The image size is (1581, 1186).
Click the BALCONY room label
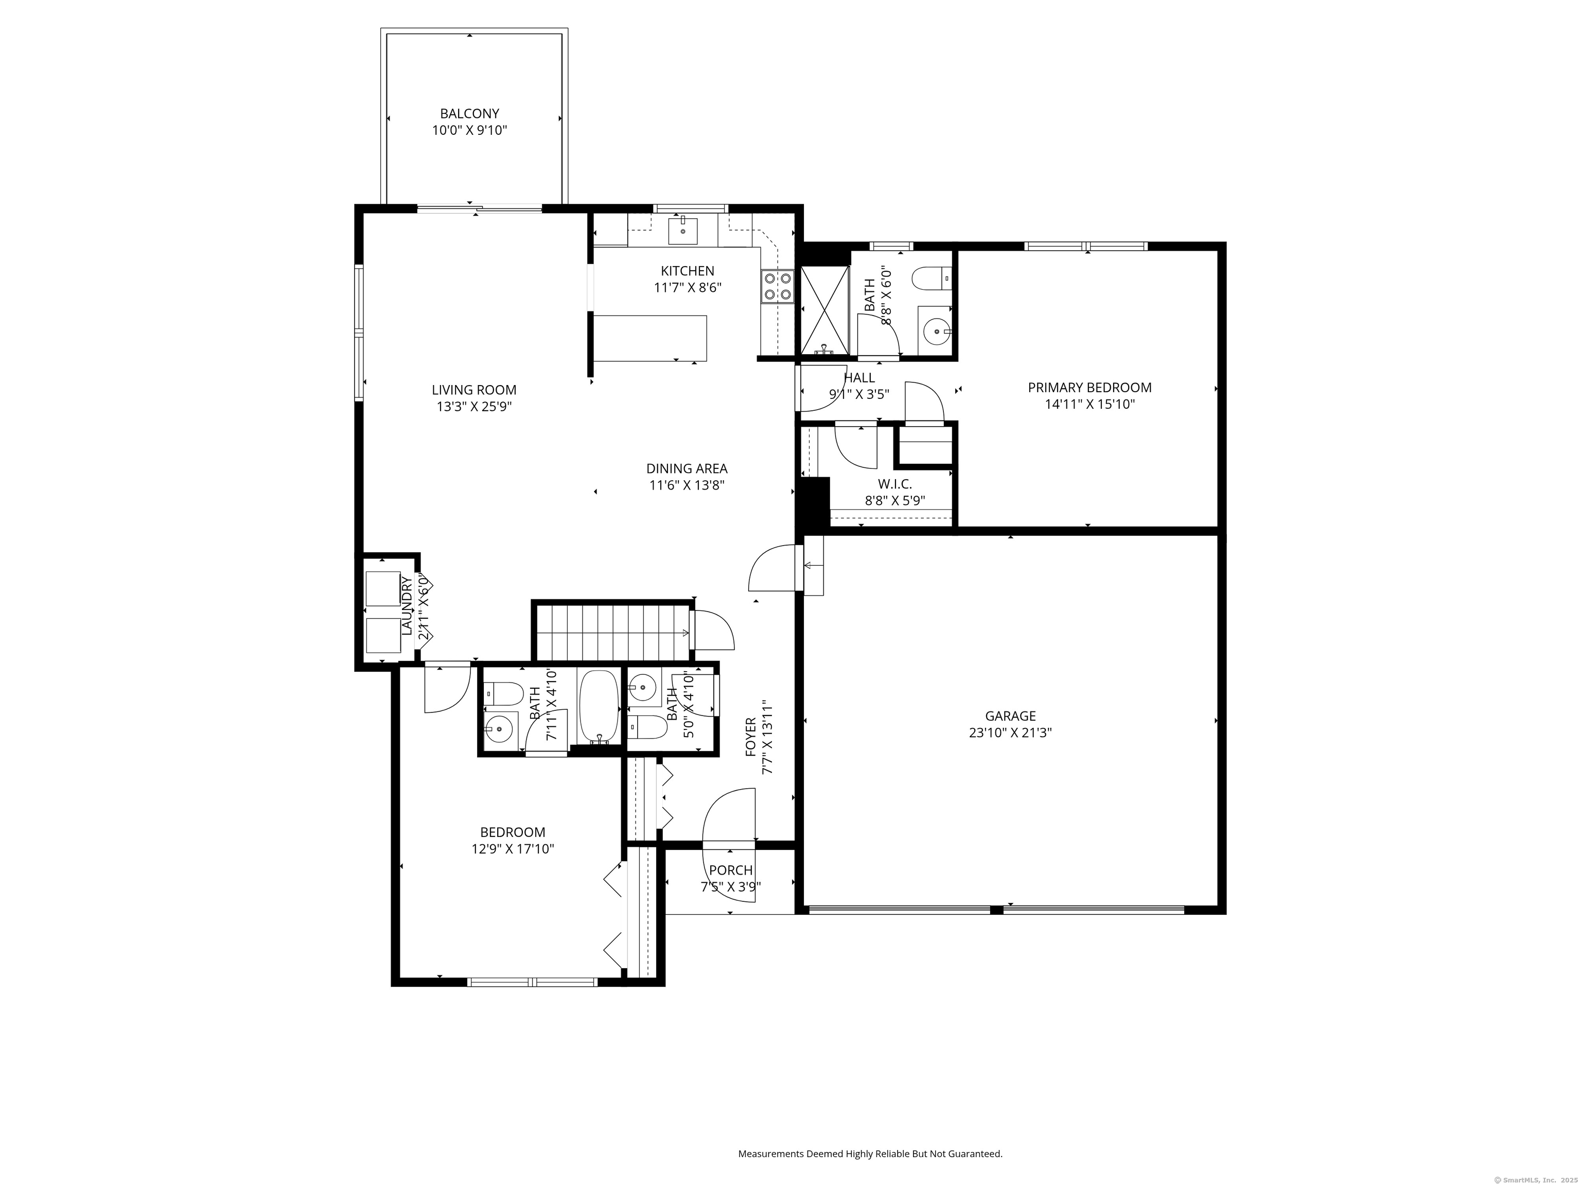pyautogui.click(x=469, y=114)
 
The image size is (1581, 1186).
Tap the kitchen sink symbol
pyautogui.click(x=683, y=230)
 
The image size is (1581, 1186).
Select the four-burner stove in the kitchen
pyautogui.click(x=778, y=286)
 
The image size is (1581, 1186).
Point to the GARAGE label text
pyautogui.click(x=1010, y=716)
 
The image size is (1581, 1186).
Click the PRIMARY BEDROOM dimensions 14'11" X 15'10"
pyautogui.click(x=1090, y=404)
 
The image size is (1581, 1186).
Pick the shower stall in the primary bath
pyautogui.click(x=825, y=311)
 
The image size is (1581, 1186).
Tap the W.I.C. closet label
pyautogui.click(x=895, y=484)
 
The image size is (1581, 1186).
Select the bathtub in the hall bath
pyautogui.click(x=599, y=706)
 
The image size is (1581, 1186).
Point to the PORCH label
pyautogui.click(x=730, y=870)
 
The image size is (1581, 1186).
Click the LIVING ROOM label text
pyautogui.click(x=474, y=390)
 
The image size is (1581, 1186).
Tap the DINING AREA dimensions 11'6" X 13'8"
pyautogui.click(x=687, y=485)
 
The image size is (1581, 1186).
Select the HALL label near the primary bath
pyautogui.click(x=859, y=377)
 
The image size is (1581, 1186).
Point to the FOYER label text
pyautogui.click(x=750, y=737)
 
